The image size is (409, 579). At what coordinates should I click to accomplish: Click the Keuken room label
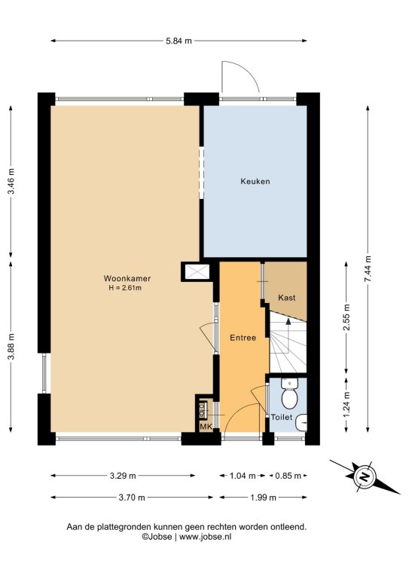click(255, 181)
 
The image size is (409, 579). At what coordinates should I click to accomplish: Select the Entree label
click(243, 338)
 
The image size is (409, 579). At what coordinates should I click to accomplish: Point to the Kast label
click(287, 298)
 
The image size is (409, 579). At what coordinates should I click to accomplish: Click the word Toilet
click(282, 417)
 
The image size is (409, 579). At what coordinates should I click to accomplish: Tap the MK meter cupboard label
click(206, 427)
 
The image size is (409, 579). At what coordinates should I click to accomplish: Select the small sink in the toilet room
click(302, 422)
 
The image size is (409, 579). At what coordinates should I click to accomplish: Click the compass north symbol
click(365, 476)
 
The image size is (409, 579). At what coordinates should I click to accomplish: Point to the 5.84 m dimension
click(179, 41)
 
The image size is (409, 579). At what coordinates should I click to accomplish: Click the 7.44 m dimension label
click(368, 269)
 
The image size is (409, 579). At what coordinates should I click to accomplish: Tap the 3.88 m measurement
click(12, 346)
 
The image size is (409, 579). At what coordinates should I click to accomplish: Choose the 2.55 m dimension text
click(346, 318)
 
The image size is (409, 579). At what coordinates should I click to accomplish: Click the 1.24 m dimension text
click(346, 404)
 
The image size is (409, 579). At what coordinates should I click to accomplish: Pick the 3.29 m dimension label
click(123, 476)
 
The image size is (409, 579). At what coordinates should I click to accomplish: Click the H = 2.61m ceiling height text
click(125, 288)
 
